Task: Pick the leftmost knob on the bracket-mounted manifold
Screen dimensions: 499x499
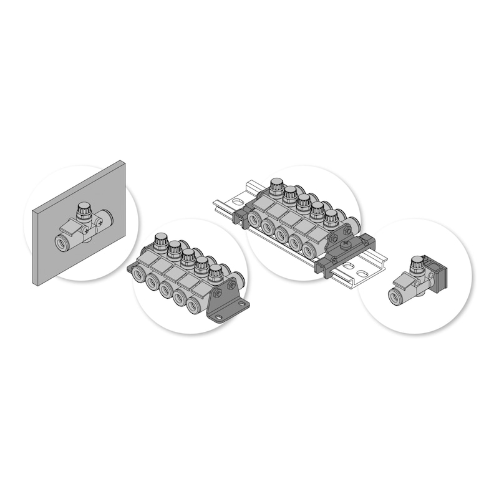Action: coord(161,240)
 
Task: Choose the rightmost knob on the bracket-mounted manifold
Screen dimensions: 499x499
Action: coord(215,273)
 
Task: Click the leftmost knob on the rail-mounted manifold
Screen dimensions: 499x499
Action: coord(276,185)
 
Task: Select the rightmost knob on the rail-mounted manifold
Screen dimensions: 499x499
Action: coord(331,218)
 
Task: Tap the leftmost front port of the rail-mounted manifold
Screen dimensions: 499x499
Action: coord(256,220)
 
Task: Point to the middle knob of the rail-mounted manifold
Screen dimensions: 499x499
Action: coord(303,202)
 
